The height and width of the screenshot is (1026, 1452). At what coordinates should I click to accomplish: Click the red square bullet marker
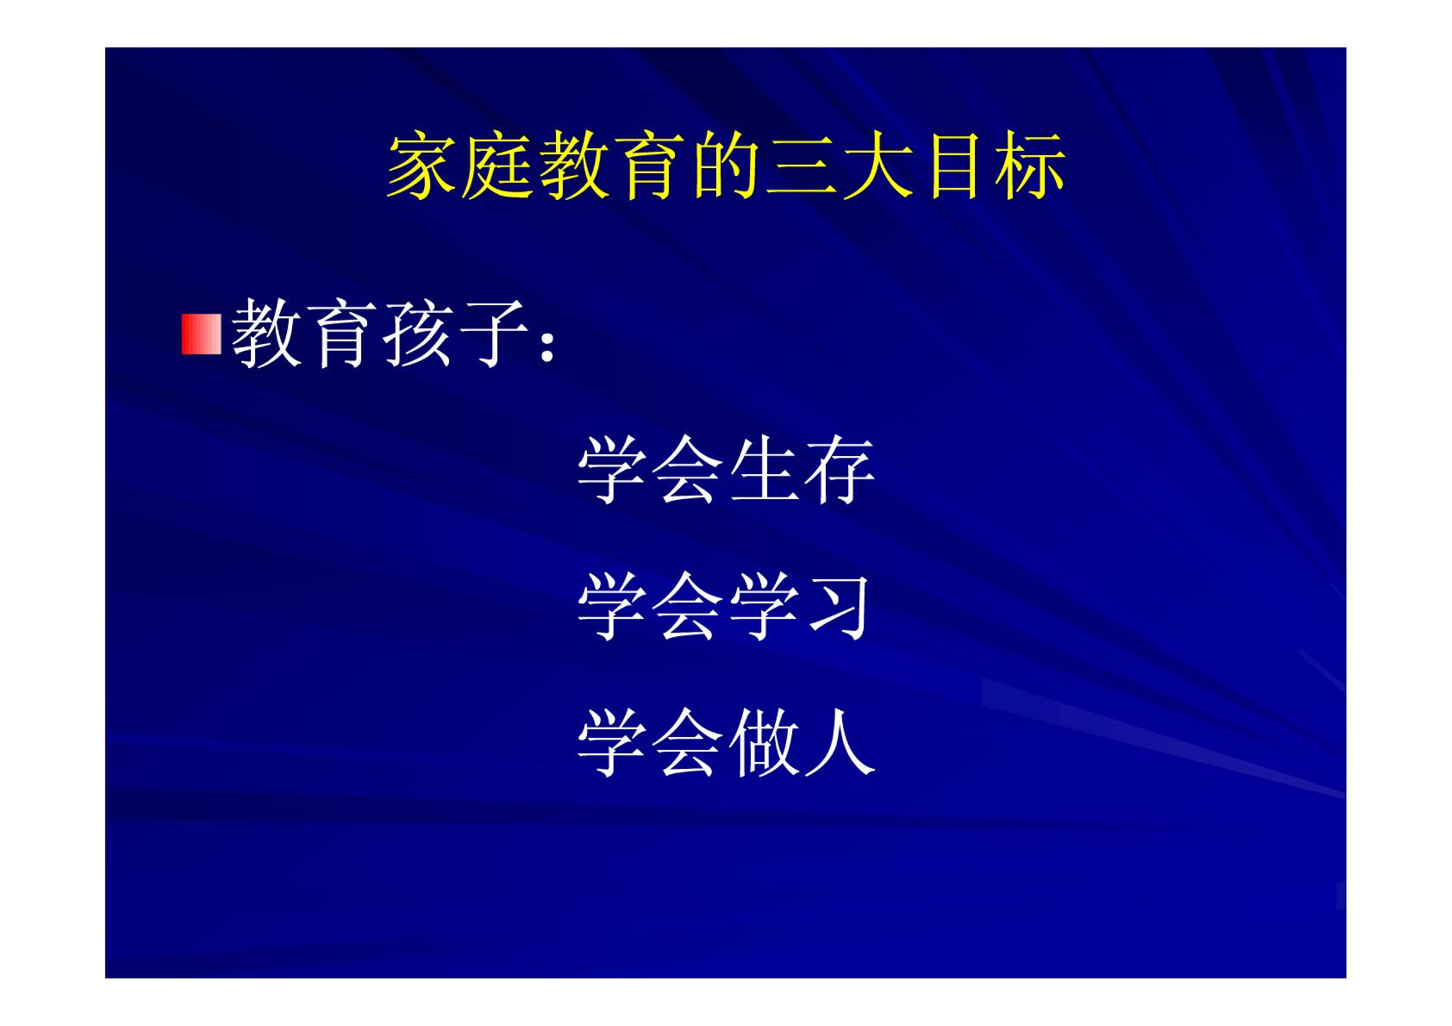[201, 334]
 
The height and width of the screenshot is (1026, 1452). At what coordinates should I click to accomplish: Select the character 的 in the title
[726, 166]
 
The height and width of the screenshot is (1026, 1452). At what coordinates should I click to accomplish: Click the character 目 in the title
[953, 166]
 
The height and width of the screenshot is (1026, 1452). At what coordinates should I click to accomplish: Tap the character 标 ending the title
[1030, 166]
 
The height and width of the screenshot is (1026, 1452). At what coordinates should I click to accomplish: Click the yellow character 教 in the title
[574, 166]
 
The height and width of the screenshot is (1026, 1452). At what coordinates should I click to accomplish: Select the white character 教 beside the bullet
[266, 334]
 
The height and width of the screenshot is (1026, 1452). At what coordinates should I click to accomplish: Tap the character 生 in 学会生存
[765, 470]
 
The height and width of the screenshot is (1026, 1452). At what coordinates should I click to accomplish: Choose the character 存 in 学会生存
[840, 470]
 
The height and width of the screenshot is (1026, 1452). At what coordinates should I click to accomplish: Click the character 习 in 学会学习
[838, 607]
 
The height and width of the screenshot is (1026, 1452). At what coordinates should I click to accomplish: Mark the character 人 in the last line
[840, 743]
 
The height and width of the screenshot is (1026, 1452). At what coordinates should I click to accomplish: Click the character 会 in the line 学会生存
[687, 470]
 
